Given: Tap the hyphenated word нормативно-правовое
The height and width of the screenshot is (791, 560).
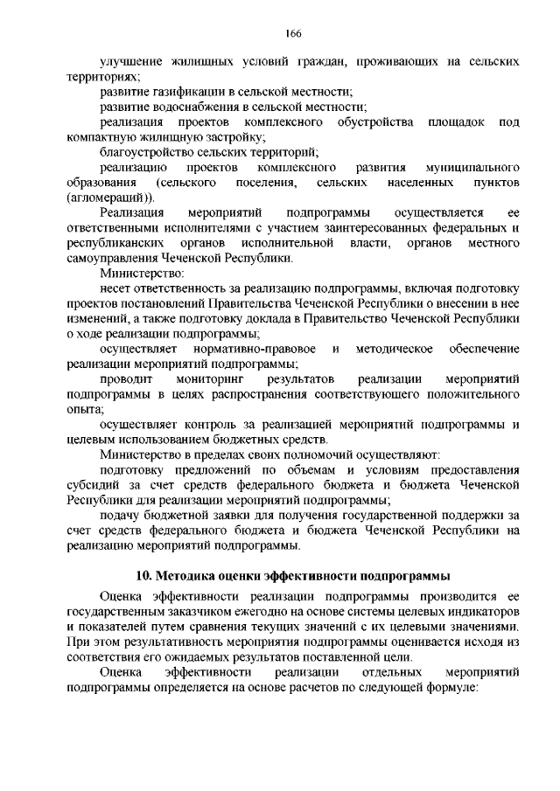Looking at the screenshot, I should tap(250, 349).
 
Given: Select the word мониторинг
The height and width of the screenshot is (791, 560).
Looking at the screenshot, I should tap(211, 379).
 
